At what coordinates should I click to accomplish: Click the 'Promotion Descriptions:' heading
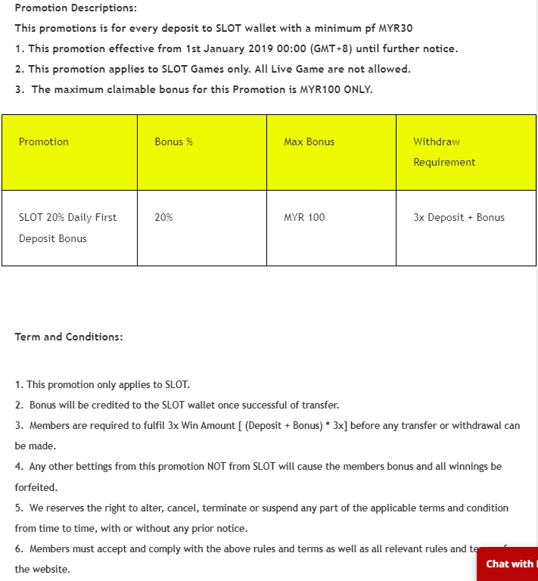click(76, 8)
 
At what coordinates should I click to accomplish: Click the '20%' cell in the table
click(163, 217)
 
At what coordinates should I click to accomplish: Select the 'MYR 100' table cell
click(304, 217)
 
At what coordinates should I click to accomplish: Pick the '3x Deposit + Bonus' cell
click(459, 217)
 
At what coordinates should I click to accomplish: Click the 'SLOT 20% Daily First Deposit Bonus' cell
click(67, 228)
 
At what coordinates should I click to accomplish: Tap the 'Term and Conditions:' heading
click(69, 337)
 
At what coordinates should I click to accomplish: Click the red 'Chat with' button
click(508, 564)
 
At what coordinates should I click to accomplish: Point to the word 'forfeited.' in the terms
click(36, 487)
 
